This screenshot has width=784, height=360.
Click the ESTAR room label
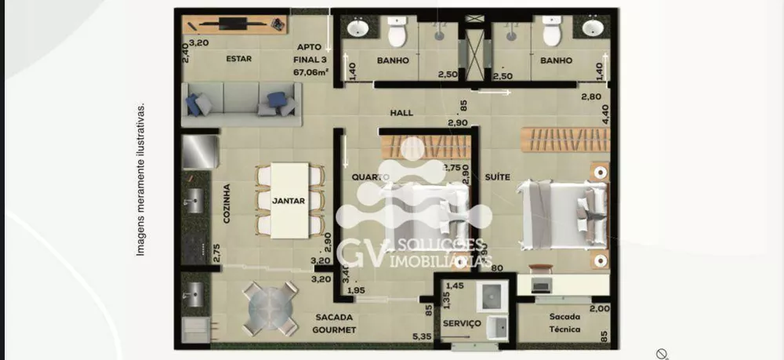[238, 59]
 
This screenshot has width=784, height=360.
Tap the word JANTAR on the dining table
[288, 200]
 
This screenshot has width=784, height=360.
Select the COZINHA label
[227, 204]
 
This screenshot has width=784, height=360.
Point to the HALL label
[401, 114]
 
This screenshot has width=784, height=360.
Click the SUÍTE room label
[498, 176]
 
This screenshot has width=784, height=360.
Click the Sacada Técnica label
[564, 323]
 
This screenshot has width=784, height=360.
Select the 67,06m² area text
[311, 71]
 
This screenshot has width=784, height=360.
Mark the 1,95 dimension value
[355, 291]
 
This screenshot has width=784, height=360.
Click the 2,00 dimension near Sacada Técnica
[600, 310]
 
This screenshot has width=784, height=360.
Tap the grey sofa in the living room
[242, 104]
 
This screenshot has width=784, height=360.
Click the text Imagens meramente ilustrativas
[141, 179]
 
